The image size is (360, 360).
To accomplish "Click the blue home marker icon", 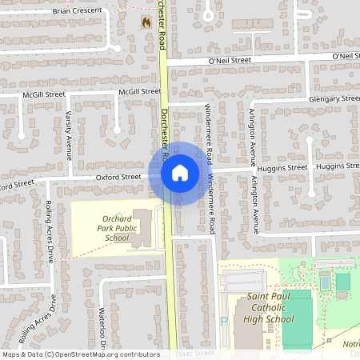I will click(179, 172).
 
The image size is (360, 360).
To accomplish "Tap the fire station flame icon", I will click(146, 22).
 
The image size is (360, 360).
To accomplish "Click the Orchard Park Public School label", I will click(116, 228).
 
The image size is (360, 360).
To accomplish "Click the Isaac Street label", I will click(195, 352).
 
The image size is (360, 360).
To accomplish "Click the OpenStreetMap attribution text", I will click(80, 354).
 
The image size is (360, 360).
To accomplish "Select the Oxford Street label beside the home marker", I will click(118, 177).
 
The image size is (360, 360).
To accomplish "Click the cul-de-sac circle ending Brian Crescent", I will click(117, 48).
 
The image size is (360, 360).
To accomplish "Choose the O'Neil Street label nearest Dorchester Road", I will click(230, 59).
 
